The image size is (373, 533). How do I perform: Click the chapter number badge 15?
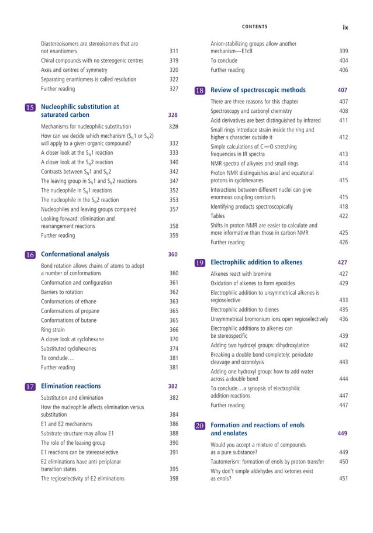point(30,108)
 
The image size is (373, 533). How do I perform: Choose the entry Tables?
point(218,216)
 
